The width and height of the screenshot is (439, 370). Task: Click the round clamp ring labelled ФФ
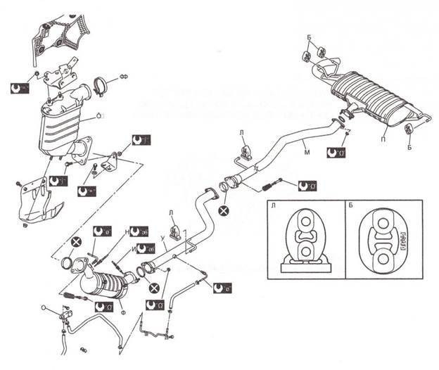[100, 88]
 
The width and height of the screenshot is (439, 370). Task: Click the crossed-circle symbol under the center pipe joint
[224, 210]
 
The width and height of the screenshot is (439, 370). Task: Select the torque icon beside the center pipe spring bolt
[307, 186]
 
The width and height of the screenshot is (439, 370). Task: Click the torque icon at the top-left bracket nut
[21, 88]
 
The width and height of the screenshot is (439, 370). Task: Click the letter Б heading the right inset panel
[351, 206]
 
